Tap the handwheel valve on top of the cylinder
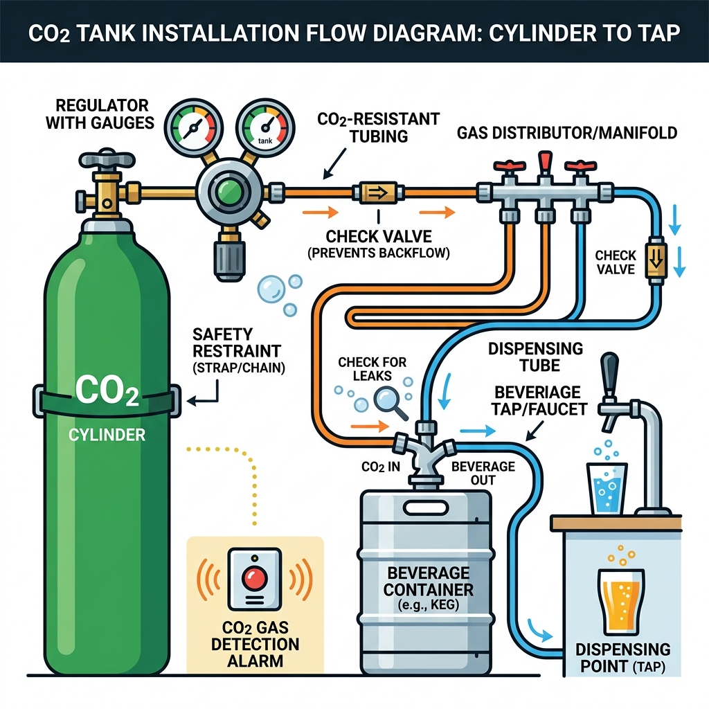click(x=107, y=161)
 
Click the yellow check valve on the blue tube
click(x=654, y=260)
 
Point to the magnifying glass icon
click(x=388, y=402)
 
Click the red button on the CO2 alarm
click(x=255, y=576)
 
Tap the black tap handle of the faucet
click(x=609, y=375)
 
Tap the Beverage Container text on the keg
click(x=428, y=582)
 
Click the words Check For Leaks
click(x=373, y=369)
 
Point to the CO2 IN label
click(x=380, y=467)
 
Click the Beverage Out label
click(x=483, y=474)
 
